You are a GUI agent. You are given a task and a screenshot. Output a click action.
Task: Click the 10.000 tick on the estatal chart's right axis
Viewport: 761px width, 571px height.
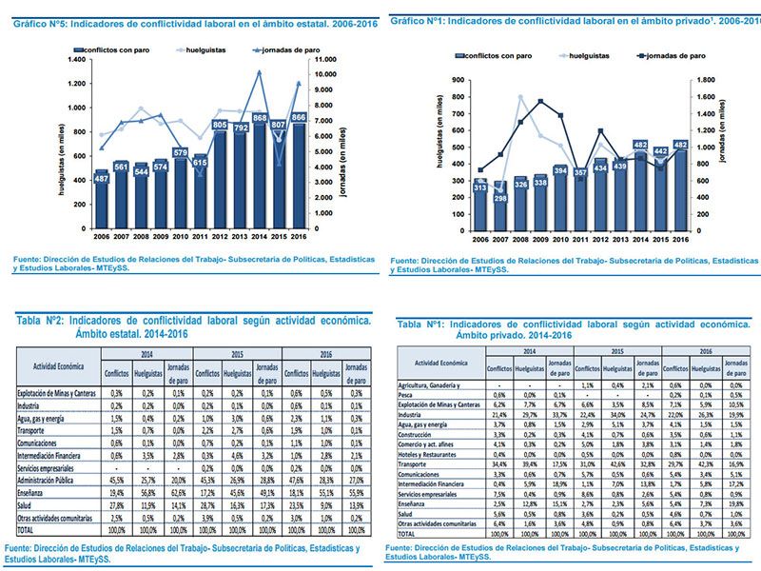pyautogui.click(x=322, y=73)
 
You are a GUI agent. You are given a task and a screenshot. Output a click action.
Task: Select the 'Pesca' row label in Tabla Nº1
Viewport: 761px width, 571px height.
pyautogui.click(x=408, y=394)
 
